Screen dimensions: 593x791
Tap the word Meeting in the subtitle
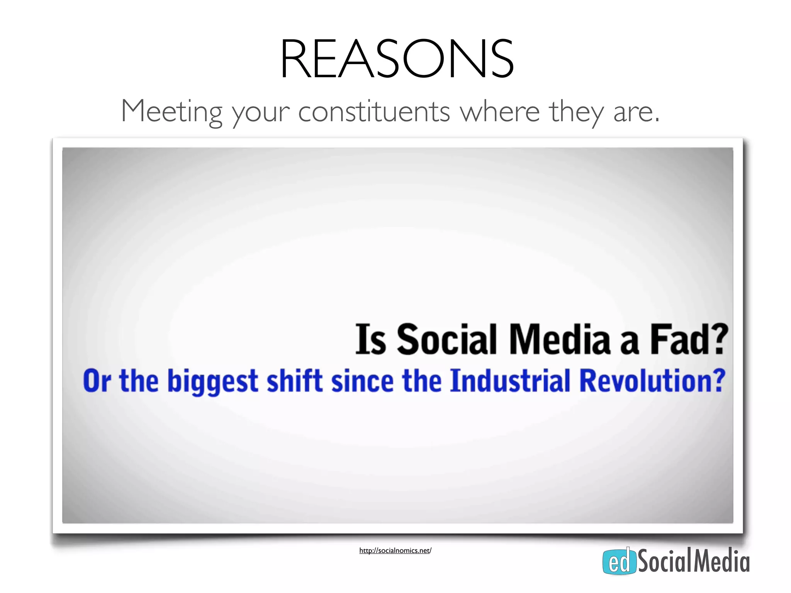tap(171, 111)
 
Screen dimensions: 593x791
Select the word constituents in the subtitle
tap(374, 111)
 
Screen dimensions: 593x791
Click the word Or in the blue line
tap(97, 381)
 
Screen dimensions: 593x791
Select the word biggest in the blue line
tap(212, 381)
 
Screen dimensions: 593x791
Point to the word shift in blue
tap(294, 381)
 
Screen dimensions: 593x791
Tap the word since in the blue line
tap(362, 381)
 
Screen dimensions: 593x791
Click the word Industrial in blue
tap(510, 381)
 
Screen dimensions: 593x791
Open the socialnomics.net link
tap(395, 551)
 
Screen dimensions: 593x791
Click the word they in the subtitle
tap(576, 112)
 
